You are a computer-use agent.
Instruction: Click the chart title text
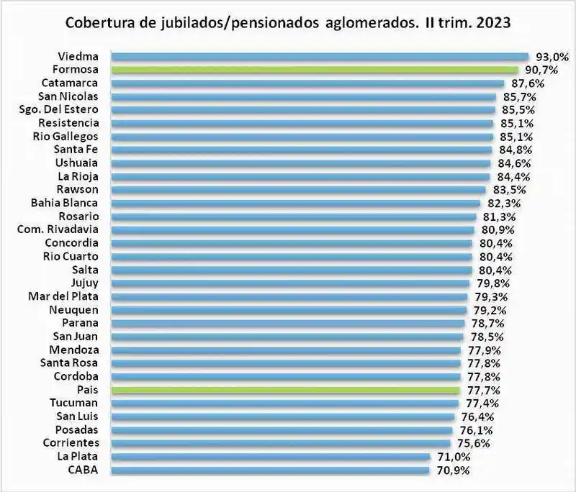(288, 22)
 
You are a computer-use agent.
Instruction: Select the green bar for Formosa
(314, 70)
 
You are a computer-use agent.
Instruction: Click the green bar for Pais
(284, 390)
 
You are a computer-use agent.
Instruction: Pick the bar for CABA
(269, 470)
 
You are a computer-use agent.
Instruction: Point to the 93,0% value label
(552, 56)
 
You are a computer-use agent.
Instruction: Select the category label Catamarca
(75, 83)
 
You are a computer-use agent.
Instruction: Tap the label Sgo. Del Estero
(64, 110)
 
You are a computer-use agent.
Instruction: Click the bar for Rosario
(293, 217)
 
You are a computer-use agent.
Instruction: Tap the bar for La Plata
(269, 457)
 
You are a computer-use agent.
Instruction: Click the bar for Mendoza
(285, 350)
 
